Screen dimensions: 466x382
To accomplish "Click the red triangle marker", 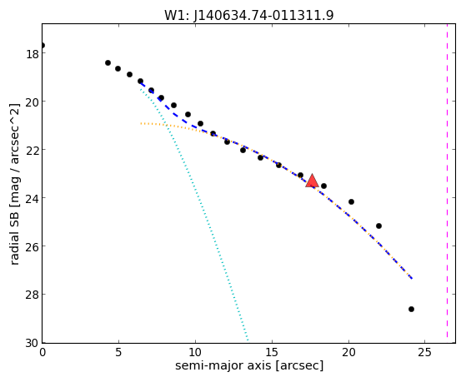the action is pos(312,181).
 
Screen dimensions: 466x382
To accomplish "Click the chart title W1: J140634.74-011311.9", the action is pos(249,15).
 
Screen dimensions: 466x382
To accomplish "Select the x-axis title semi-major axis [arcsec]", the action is pos(249,365).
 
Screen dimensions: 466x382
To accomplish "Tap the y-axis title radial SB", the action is pos(15,235).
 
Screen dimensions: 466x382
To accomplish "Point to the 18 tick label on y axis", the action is pos(32,54).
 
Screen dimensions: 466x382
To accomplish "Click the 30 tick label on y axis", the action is pos(32,344).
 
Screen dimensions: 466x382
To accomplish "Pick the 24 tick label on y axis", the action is pos(32,199).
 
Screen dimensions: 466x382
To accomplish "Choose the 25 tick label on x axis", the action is pos(424,352).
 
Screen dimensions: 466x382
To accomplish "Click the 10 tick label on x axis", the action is pos(195,352).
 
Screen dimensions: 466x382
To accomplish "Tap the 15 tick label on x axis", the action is pos(272,352).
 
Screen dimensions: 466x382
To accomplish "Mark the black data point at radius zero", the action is pos(43,46).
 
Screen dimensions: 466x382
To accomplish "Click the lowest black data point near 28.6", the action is pos(411,310).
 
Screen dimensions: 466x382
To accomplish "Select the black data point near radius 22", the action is pos(378,226).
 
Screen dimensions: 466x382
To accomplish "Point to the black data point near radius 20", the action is pos(351,202).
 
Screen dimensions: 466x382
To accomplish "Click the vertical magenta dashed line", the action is pos(447,181).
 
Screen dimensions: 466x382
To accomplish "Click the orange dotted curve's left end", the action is pos(141,123).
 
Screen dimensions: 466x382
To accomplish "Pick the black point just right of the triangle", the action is pos(324,186).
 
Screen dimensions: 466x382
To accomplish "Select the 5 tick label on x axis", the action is pos(118,352).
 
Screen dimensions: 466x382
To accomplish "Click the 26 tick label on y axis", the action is pos(32,247).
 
